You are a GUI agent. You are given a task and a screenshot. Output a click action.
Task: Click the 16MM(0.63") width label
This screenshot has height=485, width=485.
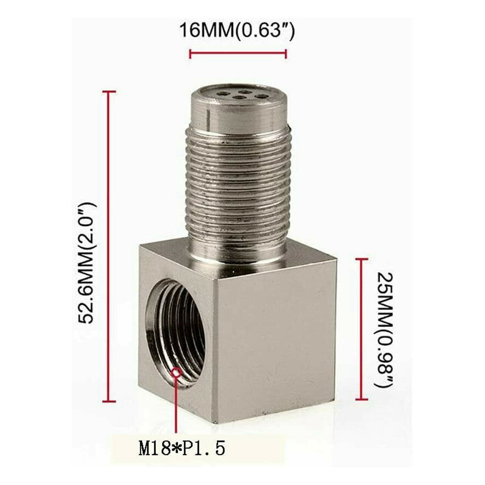[237, 30]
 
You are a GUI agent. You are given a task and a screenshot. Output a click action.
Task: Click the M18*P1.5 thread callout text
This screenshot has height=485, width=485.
[182, 448]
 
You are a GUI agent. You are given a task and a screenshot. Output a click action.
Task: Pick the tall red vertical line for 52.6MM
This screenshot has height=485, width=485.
[109, 246]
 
